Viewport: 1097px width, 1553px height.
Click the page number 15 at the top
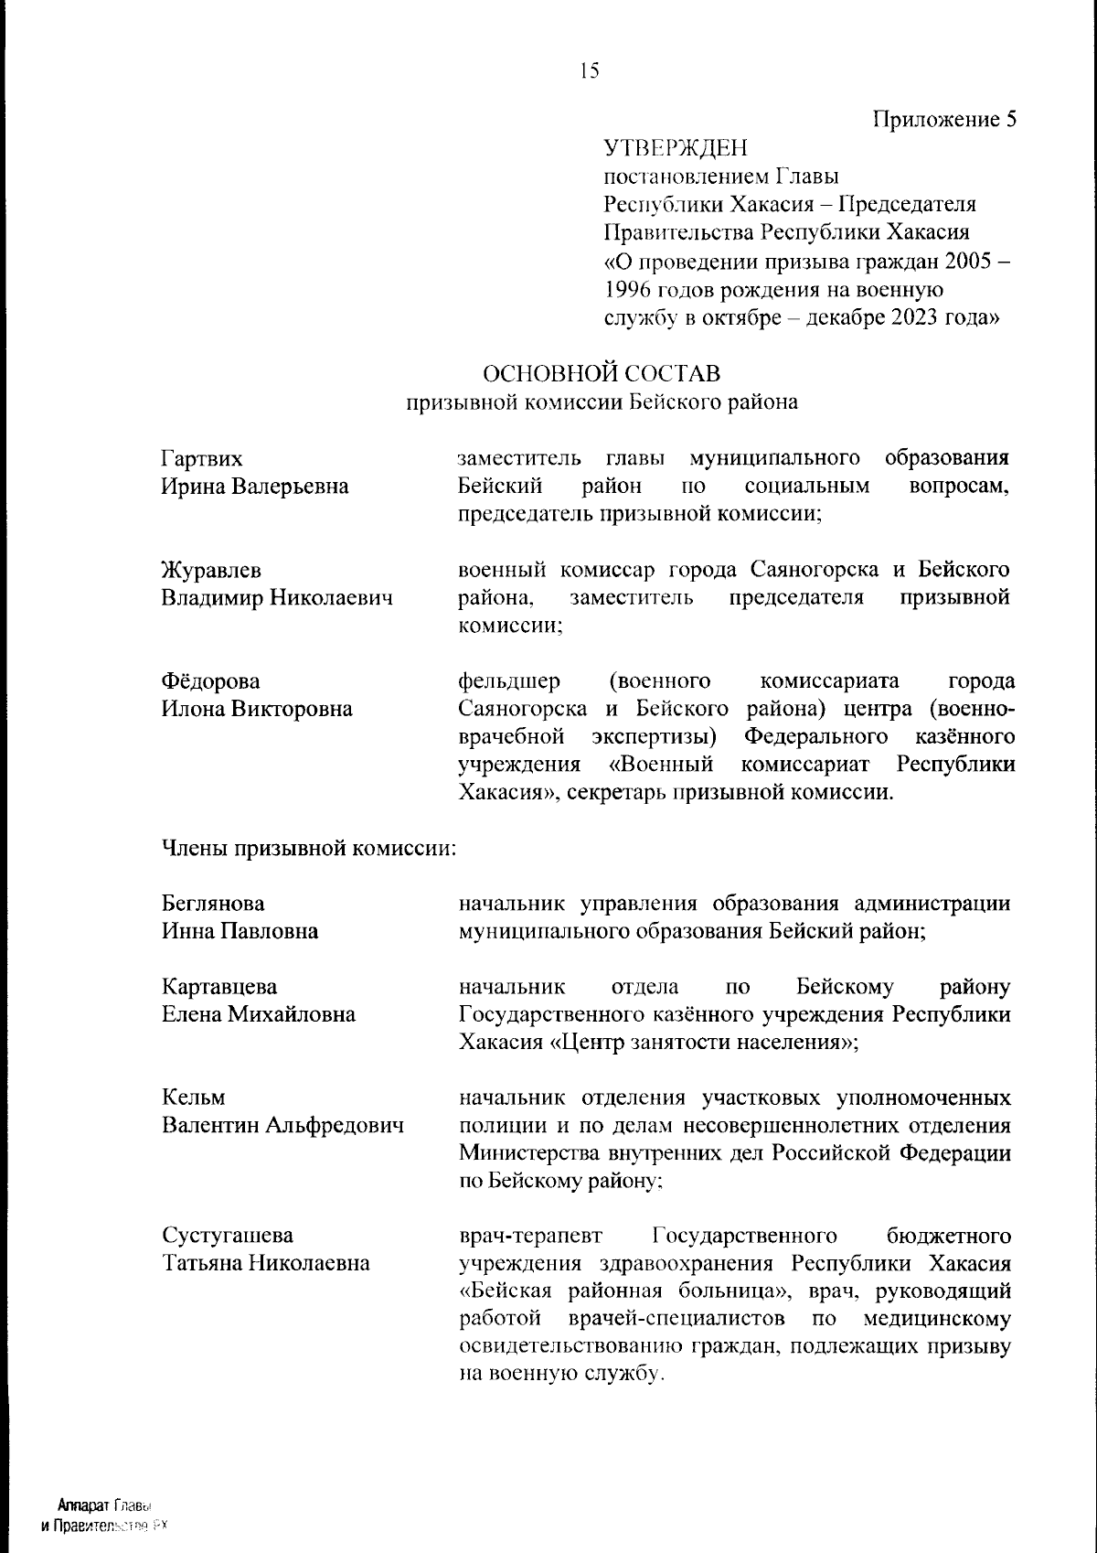click(x=589, y=70)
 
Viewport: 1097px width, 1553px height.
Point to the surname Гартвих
click(x=202, y=458)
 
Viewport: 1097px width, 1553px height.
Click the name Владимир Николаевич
click(x=277, y=598)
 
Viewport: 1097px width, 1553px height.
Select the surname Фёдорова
click(x=210, y=681)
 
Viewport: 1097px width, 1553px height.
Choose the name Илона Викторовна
click(x=257, y=709)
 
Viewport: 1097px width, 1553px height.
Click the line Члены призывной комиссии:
click(x=309, y=848)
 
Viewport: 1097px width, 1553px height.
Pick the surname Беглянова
click(x=213, y=904)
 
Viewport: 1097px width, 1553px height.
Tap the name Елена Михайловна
click(x=259, y=1014)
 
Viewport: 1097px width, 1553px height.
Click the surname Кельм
click(x=194, y=1098)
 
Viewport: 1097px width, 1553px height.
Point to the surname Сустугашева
click(x=228, y=1236)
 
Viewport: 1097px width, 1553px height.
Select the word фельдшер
click(x=508, y=681)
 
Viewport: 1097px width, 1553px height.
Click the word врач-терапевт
click(x=530, y=1236)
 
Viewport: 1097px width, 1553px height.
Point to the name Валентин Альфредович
click(x=282, y=1125)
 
